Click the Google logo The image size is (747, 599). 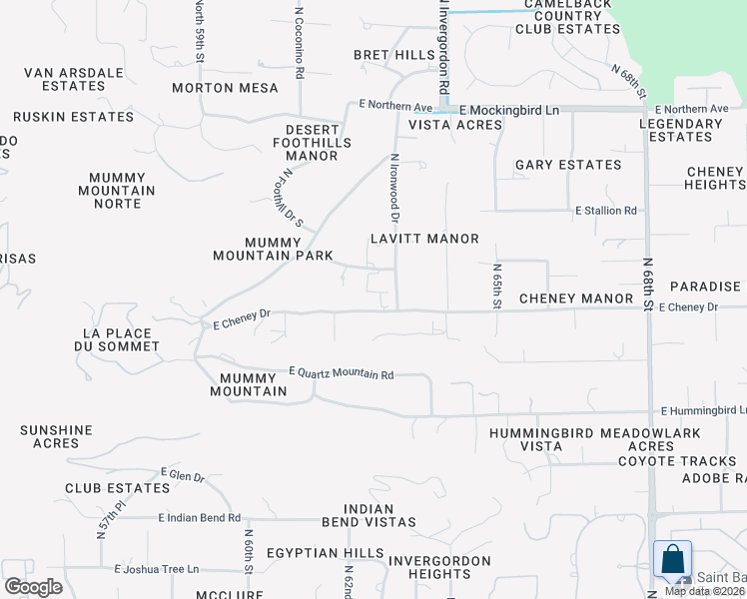(x=33, y=586)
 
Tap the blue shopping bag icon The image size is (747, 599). (x=672, y=560)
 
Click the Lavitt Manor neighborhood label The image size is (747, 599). (x=424, y=239)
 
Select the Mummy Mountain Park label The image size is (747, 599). (x=273, y=249)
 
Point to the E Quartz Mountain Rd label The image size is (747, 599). (x=341, y=373)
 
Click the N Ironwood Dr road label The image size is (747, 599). (x=395, y=189)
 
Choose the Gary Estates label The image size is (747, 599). (x=567, y=165)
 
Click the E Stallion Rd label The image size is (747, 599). (x=605, y=211)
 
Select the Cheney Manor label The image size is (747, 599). (x=576, y=299)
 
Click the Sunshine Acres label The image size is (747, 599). (x=56, y=436)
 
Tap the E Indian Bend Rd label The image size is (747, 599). (x=200, y=517)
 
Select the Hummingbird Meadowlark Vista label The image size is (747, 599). (x=595, y=439)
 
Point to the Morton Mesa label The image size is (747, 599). (x=225, y=88)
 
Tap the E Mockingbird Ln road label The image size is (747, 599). (x=509, y=108)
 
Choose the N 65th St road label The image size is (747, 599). (x=496, y=286)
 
